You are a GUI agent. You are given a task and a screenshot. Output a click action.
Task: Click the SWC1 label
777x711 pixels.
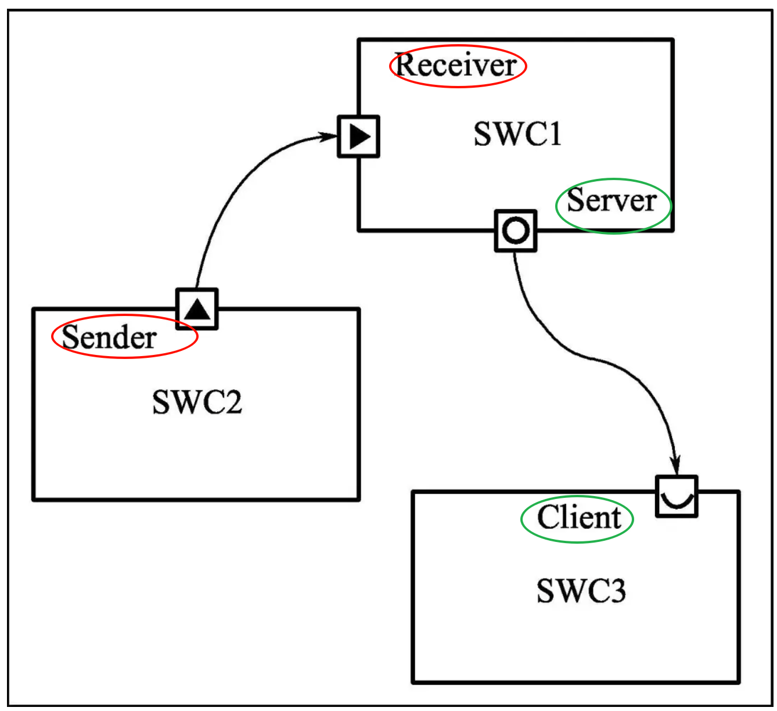pos(517,134)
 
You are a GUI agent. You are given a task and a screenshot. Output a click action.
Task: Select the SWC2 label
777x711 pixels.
pos(197,402)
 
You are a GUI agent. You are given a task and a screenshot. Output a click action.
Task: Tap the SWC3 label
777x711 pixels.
pos(581,591)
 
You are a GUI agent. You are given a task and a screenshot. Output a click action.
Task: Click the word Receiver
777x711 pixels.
pos(456,65)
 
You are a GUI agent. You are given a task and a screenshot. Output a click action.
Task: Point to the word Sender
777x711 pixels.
pos(109,337)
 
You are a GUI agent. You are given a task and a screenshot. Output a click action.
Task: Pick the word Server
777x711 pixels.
pos(611,201)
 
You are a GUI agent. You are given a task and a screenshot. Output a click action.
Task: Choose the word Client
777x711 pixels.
pos(579,518)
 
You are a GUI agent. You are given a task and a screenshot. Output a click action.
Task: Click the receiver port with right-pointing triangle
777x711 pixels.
pos(359,137)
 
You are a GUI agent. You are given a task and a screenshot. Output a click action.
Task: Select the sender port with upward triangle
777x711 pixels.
pos(197,309)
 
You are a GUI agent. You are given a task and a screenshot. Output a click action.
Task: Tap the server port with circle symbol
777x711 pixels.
pos(516,231)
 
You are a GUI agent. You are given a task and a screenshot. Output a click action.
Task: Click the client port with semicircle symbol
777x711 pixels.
pos(677,496)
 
